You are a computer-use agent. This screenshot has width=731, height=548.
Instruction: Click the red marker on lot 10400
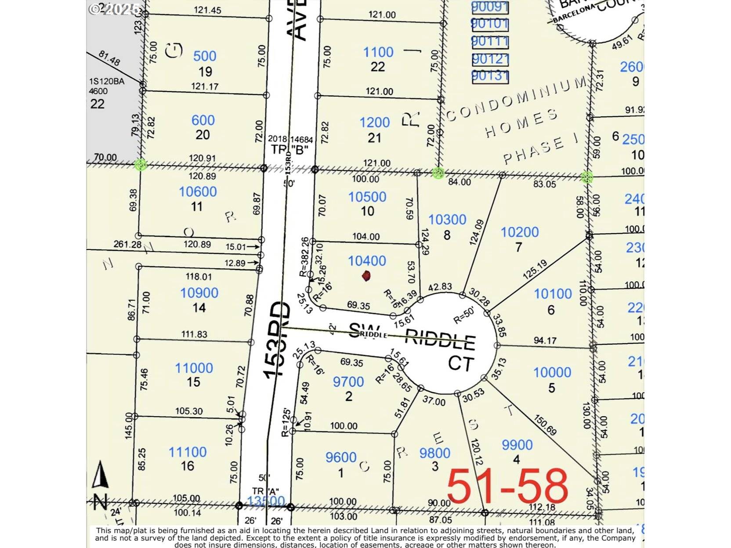point(366,276)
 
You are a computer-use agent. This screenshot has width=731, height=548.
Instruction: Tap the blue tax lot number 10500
point(367,197)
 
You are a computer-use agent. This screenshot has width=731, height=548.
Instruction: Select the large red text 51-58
point(507,486)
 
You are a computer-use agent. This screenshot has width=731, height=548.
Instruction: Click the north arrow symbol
point(100,475)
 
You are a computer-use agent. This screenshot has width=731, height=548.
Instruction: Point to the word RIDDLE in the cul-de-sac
point(439,340)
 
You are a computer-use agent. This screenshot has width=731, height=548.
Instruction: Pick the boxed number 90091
point(490,7)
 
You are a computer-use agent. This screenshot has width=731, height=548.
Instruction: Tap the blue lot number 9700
point(348,382)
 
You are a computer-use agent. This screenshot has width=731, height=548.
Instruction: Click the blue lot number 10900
point(199,293)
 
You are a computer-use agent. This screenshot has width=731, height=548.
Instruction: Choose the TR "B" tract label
point(290,149)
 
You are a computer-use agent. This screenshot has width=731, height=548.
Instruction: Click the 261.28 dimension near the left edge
point(127,244)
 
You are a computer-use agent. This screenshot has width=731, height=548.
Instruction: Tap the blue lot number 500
point(205,56)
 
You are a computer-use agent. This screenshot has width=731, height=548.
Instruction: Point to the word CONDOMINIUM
point(516,99)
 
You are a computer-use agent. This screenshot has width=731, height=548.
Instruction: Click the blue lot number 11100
point(188,452)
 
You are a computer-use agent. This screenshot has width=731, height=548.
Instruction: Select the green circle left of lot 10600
point(141,165)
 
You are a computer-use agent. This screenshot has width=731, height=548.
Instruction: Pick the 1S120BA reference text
point(107,82)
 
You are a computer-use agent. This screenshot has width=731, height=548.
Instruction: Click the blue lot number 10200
point(520,232)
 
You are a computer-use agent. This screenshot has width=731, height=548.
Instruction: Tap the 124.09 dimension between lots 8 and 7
point(476,232)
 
